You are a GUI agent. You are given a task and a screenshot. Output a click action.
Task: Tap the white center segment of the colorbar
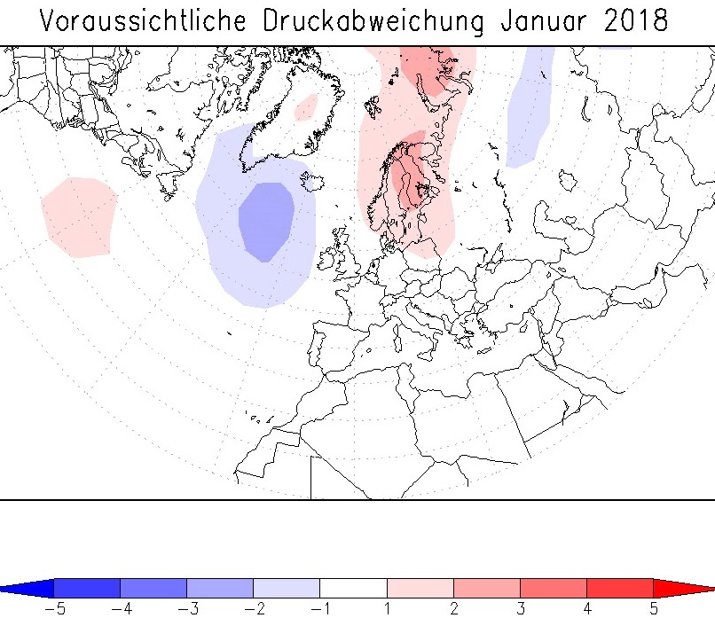coord(353,588)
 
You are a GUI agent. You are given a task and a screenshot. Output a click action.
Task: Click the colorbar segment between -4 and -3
coord(153,588)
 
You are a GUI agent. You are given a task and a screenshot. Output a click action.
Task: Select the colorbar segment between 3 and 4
coord(553,588)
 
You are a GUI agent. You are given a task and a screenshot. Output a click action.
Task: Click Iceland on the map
coord(313,183)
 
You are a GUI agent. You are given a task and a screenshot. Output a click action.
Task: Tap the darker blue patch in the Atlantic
coord(266,220)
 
